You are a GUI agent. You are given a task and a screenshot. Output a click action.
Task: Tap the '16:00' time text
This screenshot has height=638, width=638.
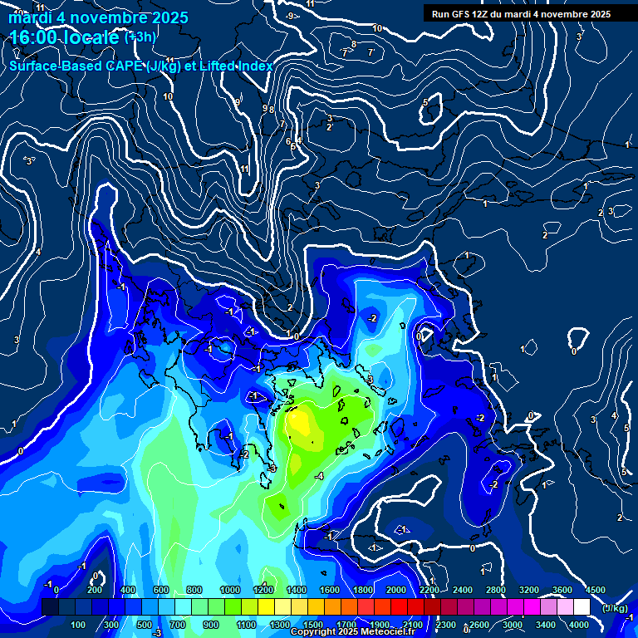[x=34, y=37]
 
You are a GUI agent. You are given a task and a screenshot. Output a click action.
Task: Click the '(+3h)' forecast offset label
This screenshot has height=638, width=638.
[x=140, y=37]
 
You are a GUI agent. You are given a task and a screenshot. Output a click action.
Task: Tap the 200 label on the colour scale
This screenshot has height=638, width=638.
[x=95, y=590]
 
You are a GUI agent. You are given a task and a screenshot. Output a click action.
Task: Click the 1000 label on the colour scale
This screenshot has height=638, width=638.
[x=229, y=590]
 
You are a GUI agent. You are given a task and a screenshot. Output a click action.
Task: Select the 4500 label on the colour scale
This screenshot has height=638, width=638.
[x=595, y=590]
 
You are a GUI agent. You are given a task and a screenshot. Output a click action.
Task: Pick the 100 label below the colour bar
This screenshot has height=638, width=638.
[x=78, y=625]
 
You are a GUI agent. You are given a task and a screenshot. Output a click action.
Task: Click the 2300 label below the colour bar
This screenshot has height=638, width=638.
[x=446, y=625]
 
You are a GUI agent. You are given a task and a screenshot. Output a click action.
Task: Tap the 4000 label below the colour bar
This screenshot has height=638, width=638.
[x=579, y=625]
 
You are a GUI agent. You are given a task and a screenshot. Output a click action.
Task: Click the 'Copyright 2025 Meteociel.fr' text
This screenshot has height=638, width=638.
[x=352, y=632]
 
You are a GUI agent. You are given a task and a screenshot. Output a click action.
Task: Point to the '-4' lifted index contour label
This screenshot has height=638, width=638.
[x=319, y=476]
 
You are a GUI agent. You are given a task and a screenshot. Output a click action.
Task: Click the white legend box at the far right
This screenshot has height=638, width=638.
[x=582, y=607]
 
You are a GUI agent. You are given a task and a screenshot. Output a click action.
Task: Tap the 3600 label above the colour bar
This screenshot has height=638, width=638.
[x=562, y=590]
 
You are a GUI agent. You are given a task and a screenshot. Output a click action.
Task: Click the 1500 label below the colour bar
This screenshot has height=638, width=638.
[x=313, y=625]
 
